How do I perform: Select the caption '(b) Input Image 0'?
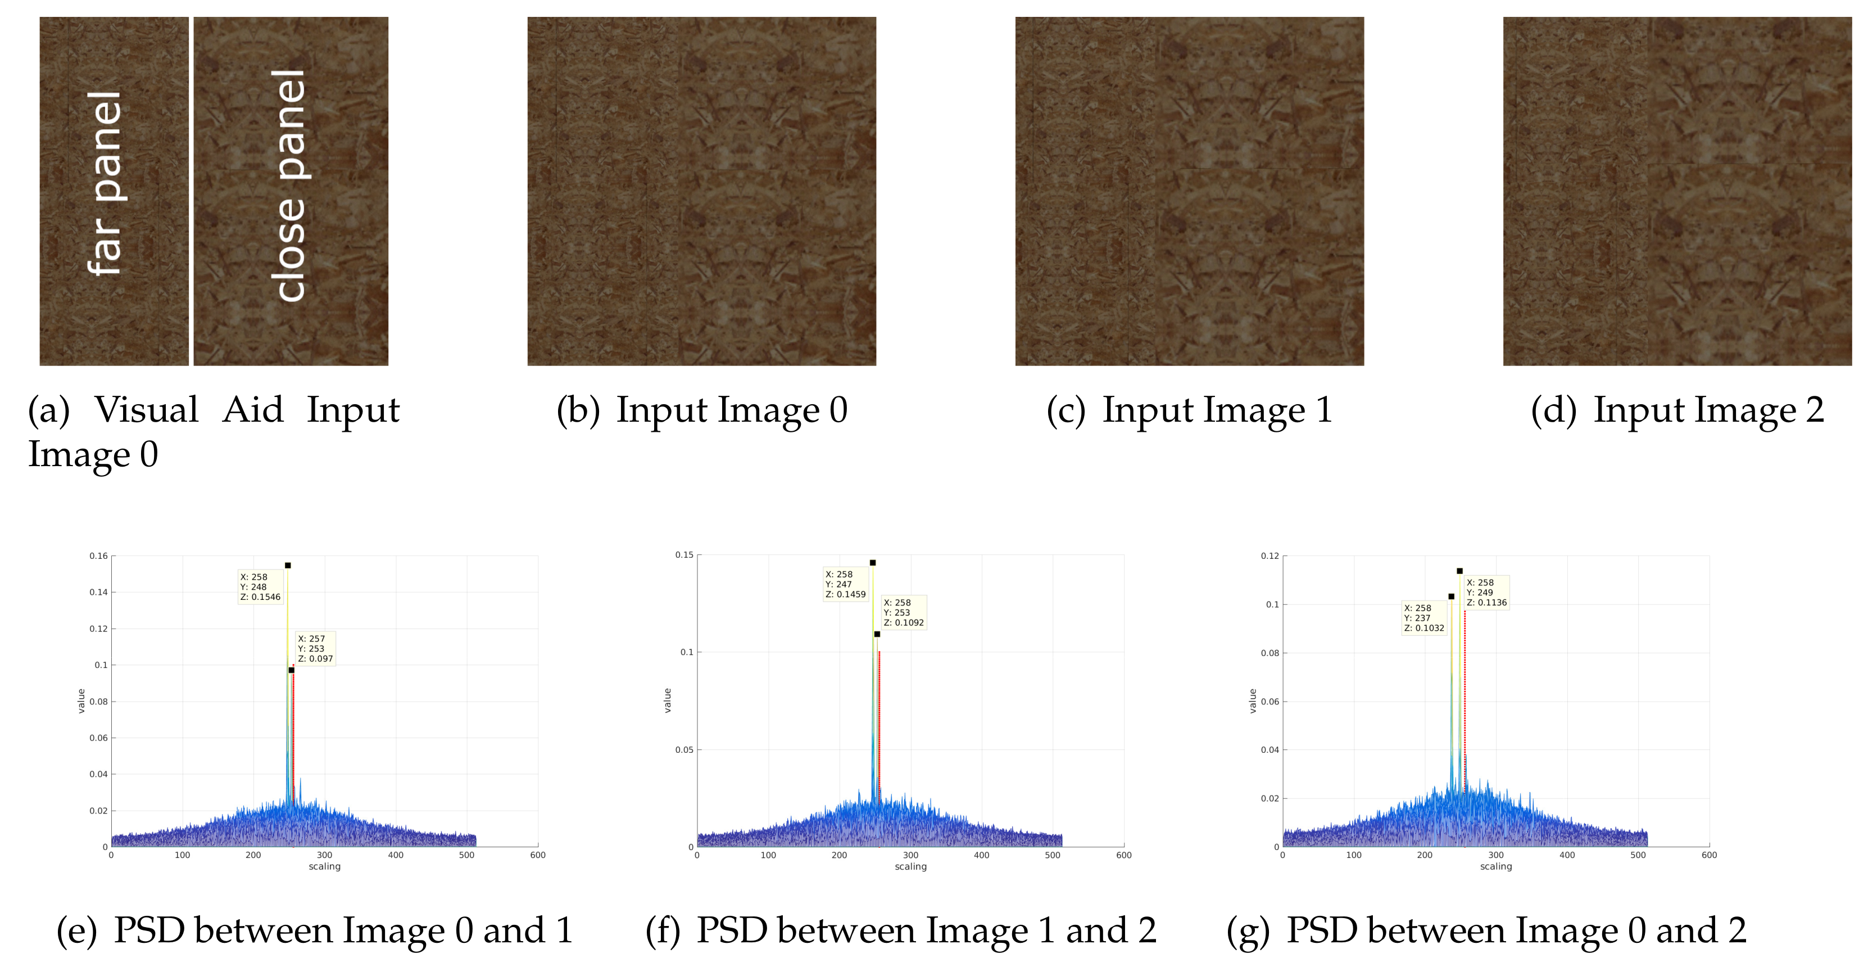[x=701, y=410]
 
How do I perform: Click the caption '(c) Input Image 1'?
[x=1189, y=410]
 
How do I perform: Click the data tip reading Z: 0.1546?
[x=260, y=588]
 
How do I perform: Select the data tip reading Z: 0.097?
[x=315, y=649]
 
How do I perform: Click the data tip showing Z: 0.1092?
[x=904, y=613]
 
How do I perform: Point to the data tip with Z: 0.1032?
[x=1423, y=618]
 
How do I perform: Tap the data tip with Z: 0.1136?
[x=1486, y=593]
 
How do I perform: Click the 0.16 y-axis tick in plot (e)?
[x=98, y=556]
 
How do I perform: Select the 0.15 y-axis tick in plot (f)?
[x=684, y=555]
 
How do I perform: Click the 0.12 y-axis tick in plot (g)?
[x=1269, y=556]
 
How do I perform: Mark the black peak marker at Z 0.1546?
[x=288, y=566]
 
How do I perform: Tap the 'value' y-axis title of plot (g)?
[x=1252, y=701]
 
